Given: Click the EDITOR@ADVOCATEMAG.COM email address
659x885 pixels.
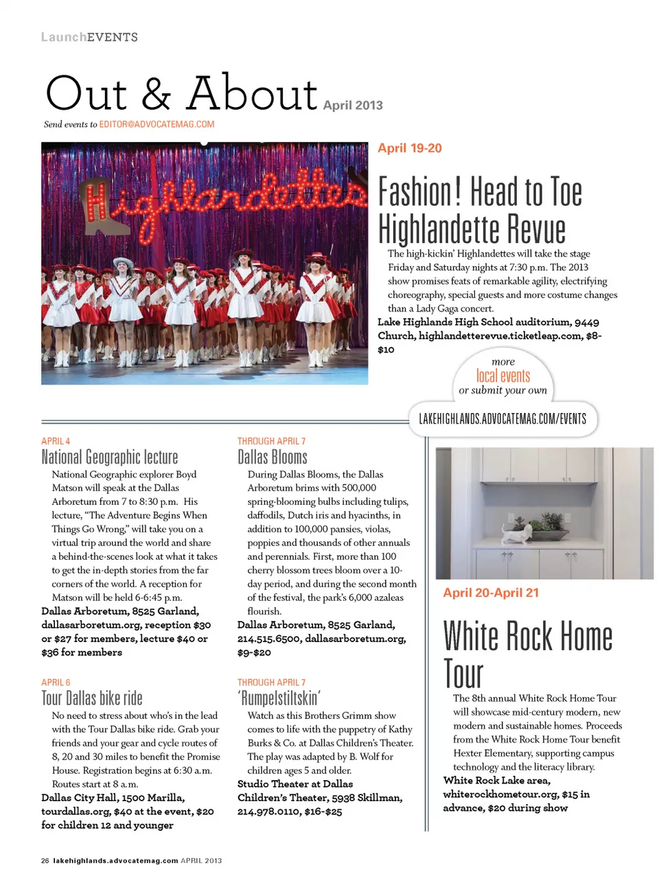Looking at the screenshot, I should [x=157, y=124].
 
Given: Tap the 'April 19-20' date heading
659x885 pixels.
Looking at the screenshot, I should [x=410, y=148].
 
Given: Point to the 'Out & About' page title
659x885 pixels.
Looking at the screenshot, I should [x=181, y=94].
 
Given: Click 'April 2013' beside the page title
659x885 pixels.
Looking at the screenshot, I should [x=353, y=105].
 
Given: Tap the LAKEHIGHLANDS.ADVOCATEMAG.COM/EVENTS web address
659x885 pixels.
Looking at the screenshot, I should [x=502, y=418].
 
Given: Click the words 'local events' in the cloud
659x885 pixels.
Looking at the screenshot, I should [x=503, y=375].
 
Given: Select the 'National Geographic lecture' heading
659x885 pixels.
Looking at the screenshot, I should [x=110, y=457].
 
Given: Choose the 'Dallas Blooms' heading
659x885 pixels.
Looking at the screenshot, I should [x=273, y=457].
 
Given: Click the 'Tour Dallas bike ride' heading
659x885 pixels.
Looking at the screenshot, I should [x=92, y=698].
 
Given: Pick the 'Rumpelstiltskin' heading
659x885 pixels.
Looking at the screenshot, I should [x=279, y=698].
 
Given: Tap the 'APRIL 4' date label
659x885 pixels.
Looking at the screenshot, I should [x=56, y=441].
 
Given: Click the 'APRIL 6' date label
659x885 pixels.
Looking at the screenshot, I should [x=56, y=683].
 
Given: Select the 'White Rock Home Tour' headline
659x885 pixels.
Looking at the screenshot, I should [x=527, y=654].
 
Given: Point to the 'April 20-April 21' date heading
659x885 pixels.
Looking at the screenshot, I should [x=491, y=593].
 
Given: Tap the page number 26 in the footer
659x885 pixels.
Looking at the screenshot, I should [x=45, y=860].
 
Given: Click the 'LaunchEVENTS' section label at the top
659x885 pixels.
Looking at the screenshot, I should [x=89, y=37].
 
